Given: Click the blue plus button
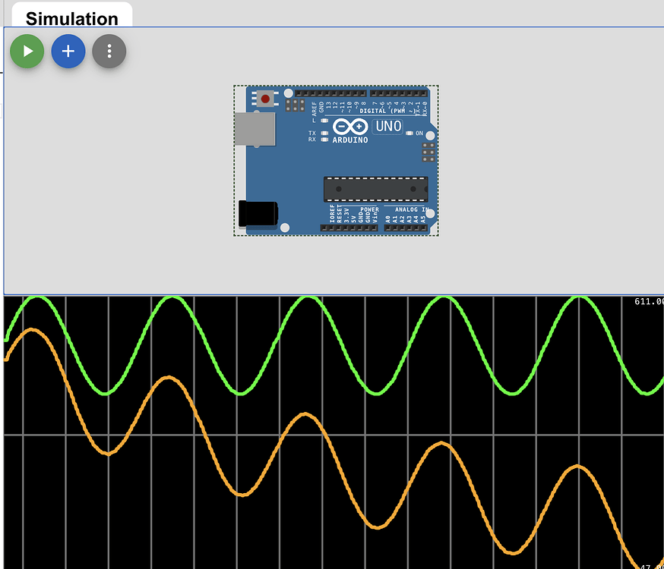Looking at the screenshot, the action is point(68,52).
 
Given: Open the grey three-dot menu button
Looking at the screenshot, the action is point(109,52).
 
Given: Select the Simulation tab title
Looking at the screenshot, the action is point(72,18).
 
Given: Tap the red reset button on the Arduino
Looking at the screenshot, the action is point(265,99).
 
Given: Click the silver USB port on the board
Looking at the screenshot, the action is point(255,129).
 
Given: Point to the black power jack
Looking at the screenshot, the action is point(258,213).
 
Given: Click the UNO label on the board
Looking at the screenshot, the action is point(387,127).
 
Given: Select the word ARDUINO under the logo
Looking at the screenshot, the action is point(350,140).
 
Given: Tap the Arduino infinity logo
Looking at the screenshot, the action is point(349,126).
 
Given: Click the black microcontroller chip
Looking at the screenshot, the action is point(375,189).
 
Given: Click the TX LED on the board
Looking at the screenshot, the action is point(325,133).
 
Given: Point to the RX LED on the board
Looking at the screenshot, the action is point(325,140).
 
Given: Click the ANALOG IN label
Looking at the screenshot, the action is point(411,209).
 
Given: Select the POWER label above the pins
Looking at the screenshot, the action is point(369,209).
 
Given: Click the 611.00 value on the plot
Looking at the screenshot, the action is point(649,302).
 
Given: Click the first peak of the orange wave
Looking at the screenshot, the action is point(31,330).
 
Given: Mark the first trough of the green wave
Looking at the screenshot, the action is point(106,393).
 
